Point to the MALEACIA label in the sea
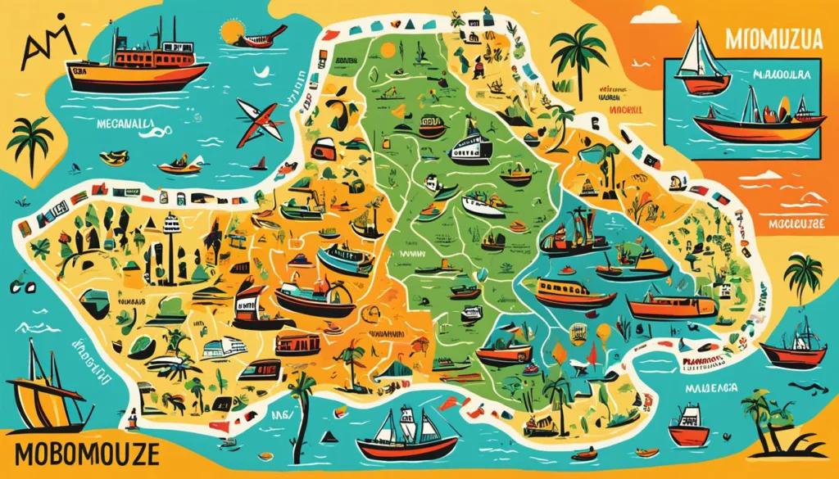(x=711, y=387)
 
